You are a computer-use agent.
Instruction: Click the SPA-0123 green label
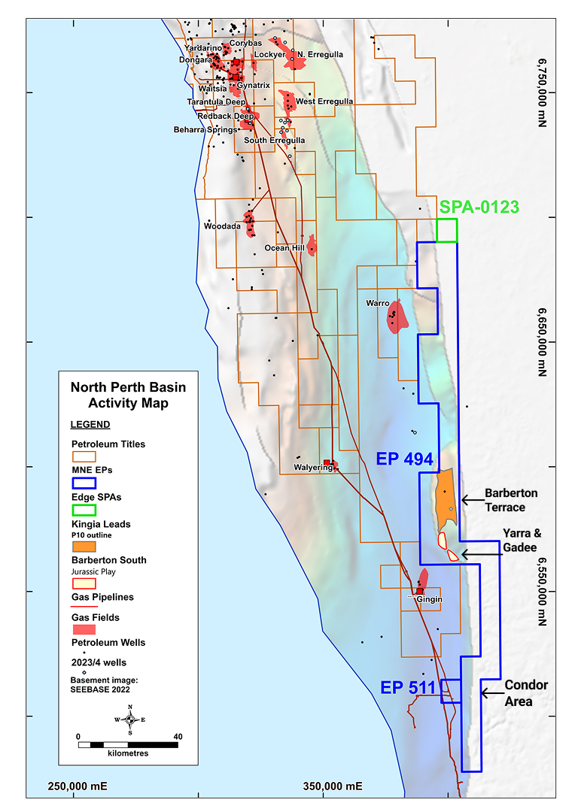[479, 206]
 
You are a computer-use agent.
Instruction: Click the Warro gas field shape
[396, 317]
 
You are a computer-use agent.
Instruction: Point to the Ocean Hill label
[283, 248]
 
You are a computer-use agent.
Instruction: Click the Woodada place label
[222, 226]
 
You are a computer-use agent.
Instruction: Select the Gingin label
[431, 599]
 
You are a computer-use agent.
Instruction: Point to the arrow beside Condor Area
[490, 692]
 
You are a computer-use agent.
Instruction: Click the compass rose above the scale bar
[130, 720]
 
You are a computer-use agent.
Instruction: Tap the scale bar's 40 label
[178, 736]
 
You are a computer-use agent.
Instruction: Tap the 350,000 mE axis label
[333, 786]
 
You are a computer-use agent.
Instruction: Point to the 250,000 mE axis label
[78, 786]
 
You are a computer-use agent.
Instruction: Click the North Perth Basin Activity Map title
[128, 395]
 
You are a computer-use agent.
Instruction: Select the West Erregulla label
[324, 101]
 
